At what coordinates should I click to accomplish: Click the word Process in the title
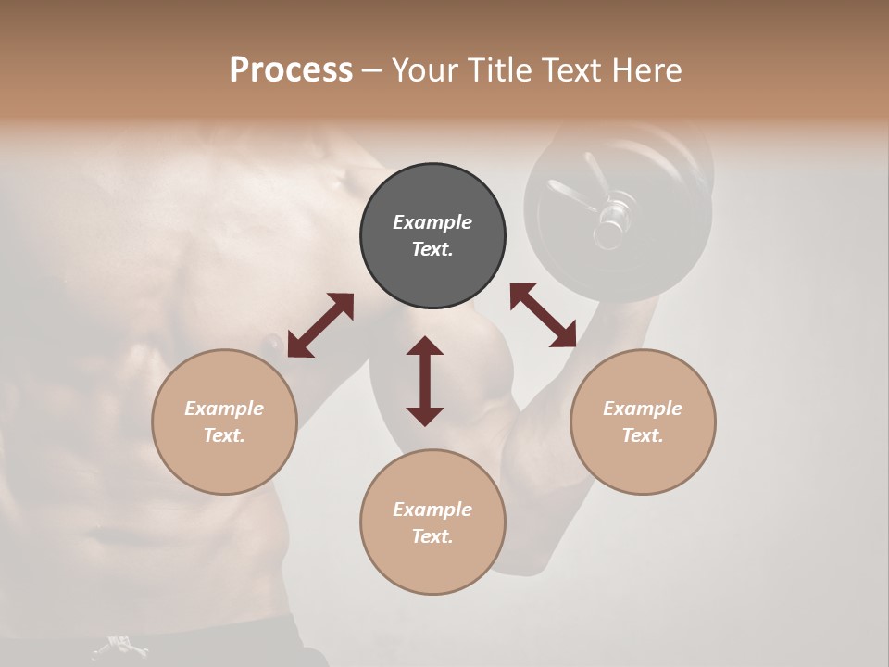click(x=291, y=70)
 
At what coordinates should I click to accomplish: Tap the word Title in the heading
click(x=495, y=70)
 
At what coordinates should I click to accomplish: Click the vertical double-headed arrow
click(x=425, y=381)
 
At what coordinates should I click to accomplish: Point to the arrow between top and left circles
click(x=320, y=325)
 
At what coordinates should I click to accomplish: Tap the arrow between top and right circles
click(x=544, y=315)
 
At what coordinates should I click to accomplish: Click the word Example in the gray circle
click(x=432, y=222)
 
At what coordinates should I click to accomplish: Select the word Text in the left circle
click(x=223, y=435)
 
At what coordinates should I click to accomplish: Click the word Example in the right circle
click(x=643, y=409)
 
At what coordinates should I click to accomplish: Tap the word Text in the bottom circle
click(x=432, y=536)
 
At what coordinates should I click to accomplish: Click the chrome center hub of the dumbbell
click(x=610, y=219)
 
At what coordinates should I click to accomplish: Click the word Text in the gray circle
click(x=432, y=249)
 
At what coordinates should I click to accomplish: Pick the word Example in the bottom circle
click(x=432, y=510)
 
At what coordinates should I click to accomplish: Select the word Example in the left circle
click(x=224, y=409)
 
